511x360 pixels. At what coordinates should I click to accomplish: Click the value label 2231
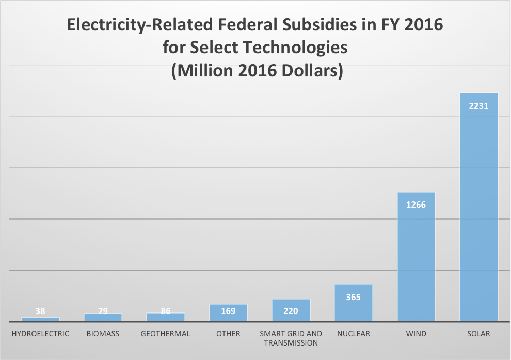(478, 106)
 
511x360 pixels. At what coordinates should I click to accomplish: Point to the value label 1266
(416, 205)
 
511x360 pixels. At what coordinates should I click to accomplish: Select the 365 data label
(354, 297)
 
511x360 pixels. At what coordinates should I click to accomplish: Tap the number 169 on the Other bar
(228, 311)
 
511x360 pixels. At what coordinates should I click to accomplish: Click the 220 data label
(291, 311)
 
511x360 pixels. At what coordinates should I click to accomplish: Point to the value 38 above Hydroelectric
(40, 311)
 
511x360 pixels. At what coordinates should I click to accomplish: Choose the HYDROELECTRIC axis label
(40, 334)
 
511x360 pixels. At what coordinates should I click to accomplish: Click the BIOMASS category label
(103, 334)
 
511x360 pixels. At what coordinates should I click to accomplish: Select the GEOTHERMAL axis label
(165, 334)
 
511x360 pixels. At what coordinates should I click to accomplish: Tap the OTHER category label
(228, 334)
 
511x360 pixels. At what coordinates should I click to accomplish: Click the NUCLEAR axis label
(354, 334)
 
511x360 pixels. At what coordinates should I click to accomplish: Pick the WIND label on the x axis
(416, 334)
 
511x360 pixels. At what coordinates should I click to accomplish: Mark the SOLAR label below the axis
(478, 334)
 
